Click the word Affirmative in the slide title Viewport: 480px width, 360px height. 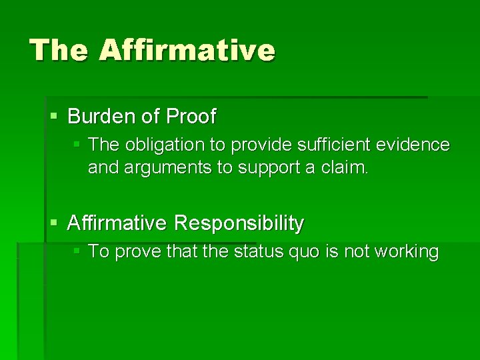point(187,50)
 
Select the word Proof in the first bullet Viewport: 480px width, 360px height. point(191,117)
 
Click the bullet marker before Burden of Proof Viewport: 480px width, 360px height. point(55,117)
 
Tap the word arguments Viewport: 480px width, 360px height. point(166,168)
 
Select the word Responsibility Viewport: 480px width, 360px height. point(239,223)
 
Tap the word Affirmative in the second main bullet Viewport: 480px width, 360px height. point(117,223)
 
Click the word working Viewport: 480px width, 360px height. point(406,252)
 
